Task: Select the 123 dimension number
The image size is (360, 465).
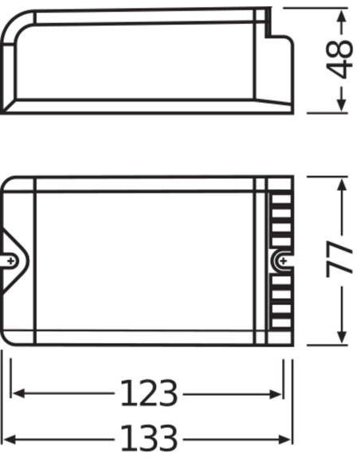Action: (x=149, y=393)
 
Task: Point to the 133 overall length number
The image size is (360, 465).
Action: (x=149, y=440)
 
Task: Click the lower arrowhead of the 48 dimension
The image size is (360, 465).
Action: (x=342, y=104)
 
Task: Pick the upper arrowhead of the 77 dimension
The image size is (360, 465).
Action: (x=342, y=186)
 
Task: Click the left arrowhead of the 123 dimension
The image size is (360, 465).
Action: (x=18, y=393)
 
